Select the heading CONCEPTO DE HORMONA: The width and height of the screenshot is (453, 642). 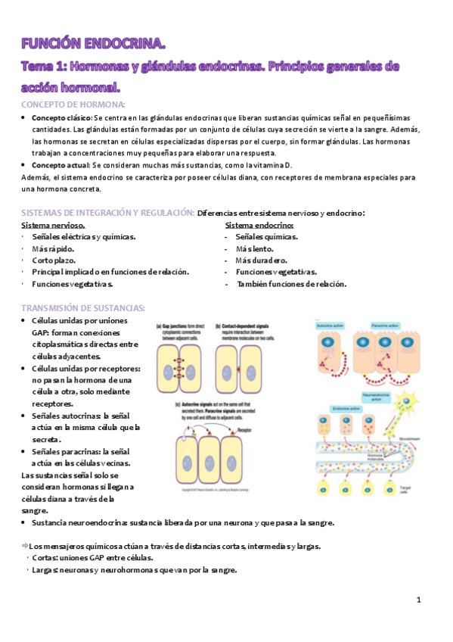tap(73, 104)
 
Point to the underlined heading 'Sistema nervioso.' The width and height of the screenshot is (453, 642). tap(53, 226)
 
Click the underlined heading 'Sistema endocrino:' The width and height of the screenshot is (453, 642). tap(259, 226)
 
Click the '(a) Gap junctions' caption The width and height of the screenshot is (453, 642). tap(176, 326)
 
